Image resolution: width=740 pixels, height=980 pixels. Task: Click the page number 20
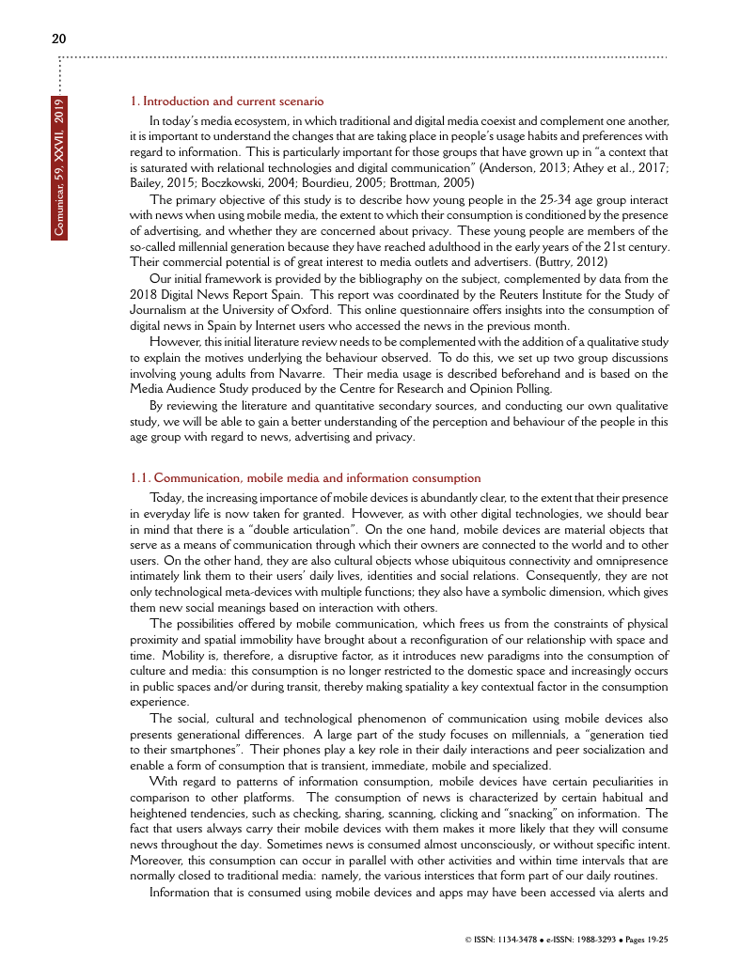(x=58, y=39)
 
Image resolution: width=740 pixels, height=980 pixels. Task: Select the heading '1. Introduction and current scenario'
(x=227, y=101)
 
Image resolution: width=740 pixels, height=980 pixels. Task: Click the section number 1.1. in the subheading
(x=141, y=478)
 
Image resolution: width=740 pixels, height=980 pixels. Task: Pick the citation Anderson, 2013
(x=523, y=166)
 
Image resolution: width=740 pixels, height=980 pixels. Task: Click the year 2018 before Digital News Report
(x=143, y=294)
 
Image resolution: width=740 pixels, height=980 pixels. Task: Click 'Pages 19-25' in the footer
(x=645, y=940)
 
